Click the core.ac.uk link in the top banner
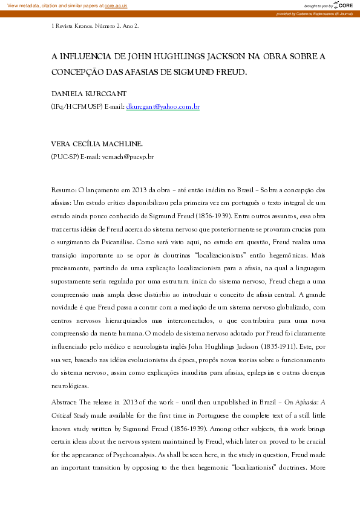(x=116, y=5)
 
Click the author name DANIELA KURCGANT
(x=89, y=96)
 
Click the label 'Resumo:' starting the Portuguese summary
(x=64, y=190)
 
